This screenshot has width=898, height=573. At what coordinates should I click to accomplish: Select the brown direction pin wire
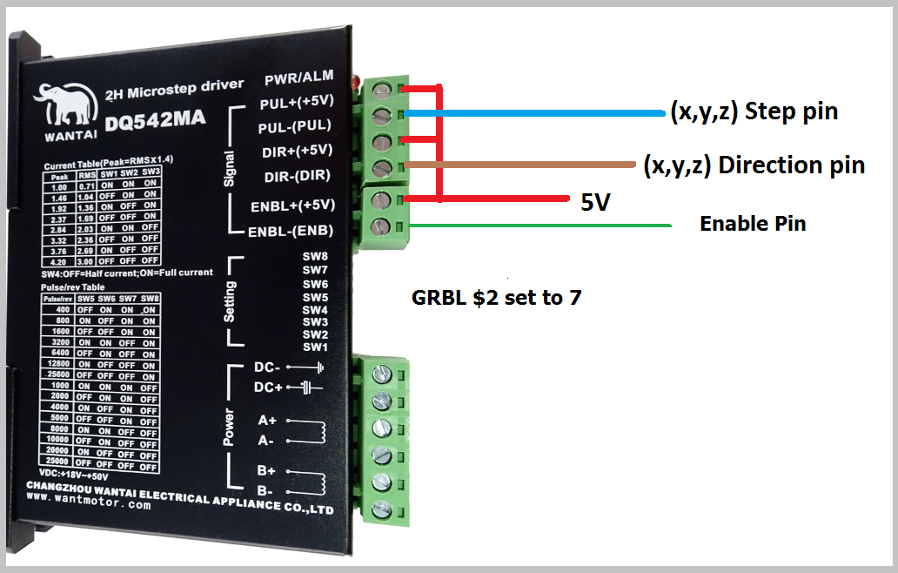(522, 165)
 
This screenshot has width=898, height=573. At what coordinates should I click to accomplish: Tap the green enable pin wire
(539, 226)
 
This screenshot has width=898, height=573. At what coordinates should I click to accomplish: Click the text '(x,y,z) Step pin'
(754, 112)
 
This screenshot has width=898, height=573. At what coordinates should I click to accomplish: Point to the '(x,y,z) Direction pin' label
(754, 165)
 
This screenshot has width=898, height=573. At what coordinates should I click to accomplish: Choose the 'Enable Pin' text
(753, 224)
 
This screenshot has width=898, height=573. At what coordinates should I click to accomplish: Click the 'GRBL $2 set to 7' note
(496, 298)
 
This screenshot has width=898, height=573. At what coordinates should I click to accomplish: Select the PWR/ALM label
(298, 81)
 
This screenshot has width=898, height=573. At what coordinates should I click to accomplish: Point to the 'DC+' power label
(269, 388)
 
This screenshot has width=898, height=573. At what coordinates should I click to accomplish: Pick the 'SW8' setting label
(315, 257)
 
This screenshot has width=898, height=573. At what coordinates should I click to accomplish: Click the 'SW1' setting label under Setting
(315, 347)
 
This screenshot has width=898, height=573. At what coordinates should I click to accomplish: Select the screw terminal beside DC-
(380, 375)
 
